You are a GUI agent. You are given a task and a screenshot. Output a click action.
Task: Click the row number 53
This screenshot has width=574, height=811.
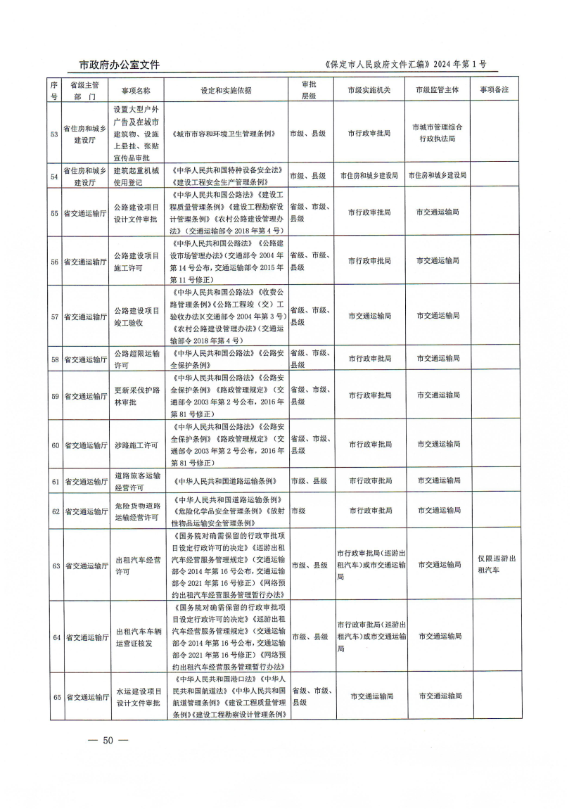(x=55, y=133)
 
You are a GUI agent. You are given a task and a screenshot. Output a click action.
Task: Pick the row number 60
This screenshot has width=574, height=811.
(x=55, y=445)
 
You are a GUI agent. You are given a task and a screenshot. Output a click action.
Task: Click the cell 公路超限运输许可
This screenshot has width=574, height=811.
(x=136, y=359)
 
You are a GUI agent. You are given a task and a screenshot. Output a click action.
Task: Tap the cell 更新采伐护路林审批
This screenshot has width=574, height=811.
(x=136, y=396)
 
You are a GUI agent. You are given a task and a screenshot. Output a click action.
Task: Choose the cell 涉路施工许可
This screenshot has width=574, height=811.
(x=136, y=445)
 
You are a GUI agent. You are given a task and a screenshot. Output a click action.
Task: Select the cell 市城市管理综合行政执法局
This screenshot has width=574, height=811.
(x=438, y=133)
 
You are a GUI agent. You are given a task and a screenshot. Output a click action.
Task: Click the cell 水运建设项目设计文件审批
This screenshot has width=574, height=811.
(x=136, y=697)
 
